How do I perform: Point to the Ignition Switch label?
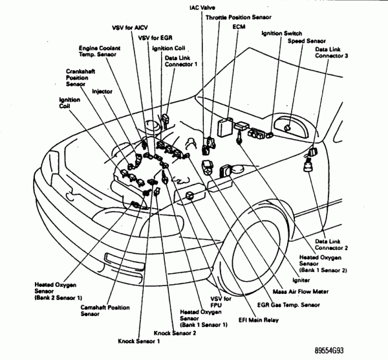point(282,33)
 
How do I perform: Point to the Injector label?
point(103,91)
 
